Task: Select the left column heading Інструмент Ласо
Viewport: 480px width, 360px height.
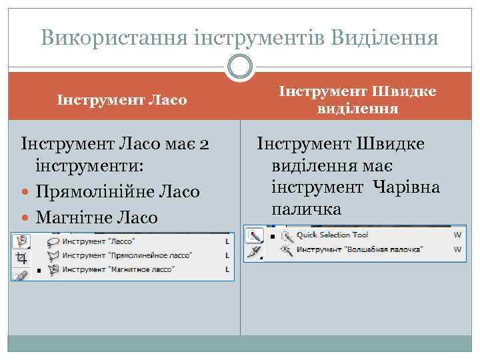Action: [122, 101]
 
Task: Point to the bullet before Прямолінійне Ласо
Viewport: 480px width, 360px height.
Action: [27, 192]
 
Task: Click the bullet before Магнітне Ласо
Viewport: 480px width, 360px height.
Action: [27, 217]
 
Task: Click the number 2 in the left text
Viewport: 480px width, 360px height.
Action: [205, 143]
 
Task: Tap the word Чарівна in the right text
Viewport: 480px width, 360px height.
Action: [407, 187]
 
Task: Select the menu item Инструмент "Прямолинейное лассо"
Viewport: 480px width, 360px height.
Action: [127, 255]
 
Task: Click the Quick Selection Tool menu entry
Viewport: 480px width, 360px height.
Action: [333, 235]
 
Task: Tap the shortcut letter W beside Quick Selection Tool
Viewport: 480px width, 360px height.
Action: [457, 235]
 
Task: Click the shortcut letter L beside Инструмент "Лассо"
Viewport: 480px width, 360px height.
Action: [227, 241]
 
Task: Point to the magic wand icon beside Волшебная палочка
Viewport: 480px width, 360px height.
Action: [287, 249]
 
